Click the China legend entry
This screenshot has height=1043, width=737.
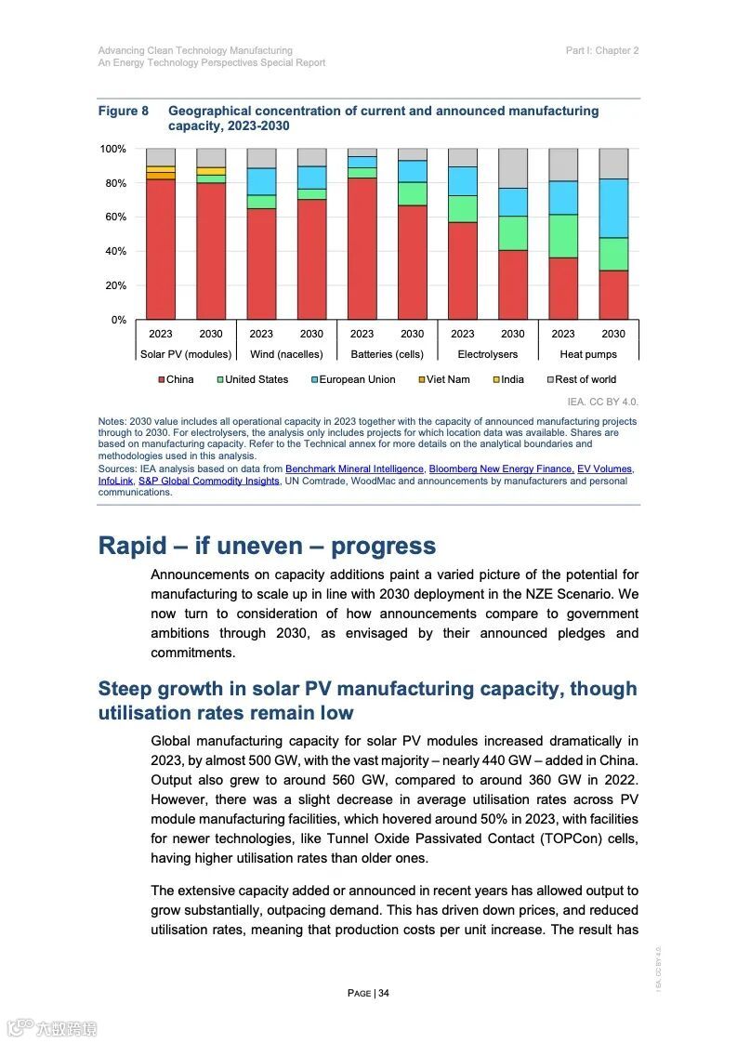click(x=176, y=379)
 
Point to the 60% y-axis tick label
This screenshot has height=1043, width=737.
click(x=113, y=218)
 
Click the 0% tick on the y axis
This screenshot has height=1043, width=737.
click(x=118, y=320)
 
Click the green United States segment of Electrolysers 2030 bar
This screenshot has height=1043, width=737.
click(x=513, y=233)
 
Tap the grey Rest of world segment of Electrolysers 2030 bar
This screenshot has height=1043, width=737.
click(x=513, y=168)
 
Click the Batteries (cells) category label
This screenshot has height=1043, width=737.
click(x=387, y=354)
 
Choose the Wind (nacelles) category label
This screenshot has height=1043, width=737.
click(x=286, y=354)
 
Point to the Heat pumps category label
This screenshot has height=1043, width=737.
click(x=587, y=354)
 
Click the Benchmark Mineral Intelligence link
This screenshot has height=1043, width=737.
click(x=354, y=469)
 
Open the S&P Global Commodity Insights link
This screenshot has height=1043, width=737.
click(x=208, y=481)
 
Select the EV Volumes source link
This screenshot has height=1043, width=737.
click(x=604, y=469)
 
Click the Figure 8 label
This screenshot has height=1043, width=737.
click(x=124, y=111)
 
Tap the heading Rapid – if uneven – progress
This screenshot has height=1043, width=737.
click(x=267, y=546)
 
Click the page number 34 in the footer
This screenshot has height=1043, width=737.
click(x=369, y=993)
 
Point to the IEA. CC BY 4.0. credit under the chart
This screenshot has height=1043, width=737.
click(x=602, y=402)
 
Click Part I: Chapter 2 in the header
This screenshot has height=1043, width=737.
click(x=601, y=50)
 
